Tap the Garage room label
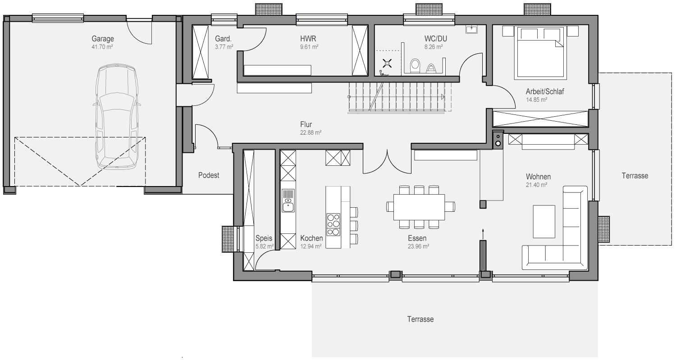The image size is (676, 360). pyautogui.click(x=103, y=39)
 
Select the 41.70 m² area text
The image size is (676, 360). pyautogui.click(x=102, y=47)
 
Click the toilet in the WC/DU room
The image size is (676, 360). pyautogui.click(x=415, y=66)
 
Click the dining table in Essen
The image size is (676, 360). pyautogui.click(x=419, y=207)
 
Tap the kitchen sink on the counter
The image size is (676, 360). pyautogui.click(x=288, y=201)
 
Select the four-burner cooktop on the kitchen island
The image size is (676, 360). pyautogui.click(x=333, y=224)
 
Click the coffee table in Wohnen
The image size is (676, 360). pyautogui.click(x=544, y=222)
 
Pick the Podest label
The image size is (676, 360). pyautogui.click(x=209, y=175)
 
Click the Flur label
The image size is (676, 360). pyautogui.click(x=306, y=124)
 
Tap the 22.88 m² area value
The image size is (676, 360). pyautogui.click(x=311, y=132)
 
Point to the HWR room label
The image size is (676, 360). pyautogui.click(x=308, y=39)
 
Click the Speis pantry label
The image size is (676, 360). pyautogui.click(x=264, y=238)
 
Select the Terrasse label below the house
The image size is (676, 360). pyautogui.click(x=420, y=319)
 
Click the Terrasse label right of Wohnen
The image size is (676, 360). pyautogui.click(x=635, y=176)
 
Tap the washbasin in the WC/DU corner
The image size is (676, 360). pyautogui.click(x=471, y=29)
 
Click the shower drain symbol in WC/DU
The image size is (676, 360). pyautogui.click(x=387, y=64)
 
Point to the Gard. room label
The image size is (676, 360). pyautogui.click(x=223, y=39)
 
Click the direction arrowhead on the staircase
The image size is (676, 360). pyautogui.click(x=443, y=97)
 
